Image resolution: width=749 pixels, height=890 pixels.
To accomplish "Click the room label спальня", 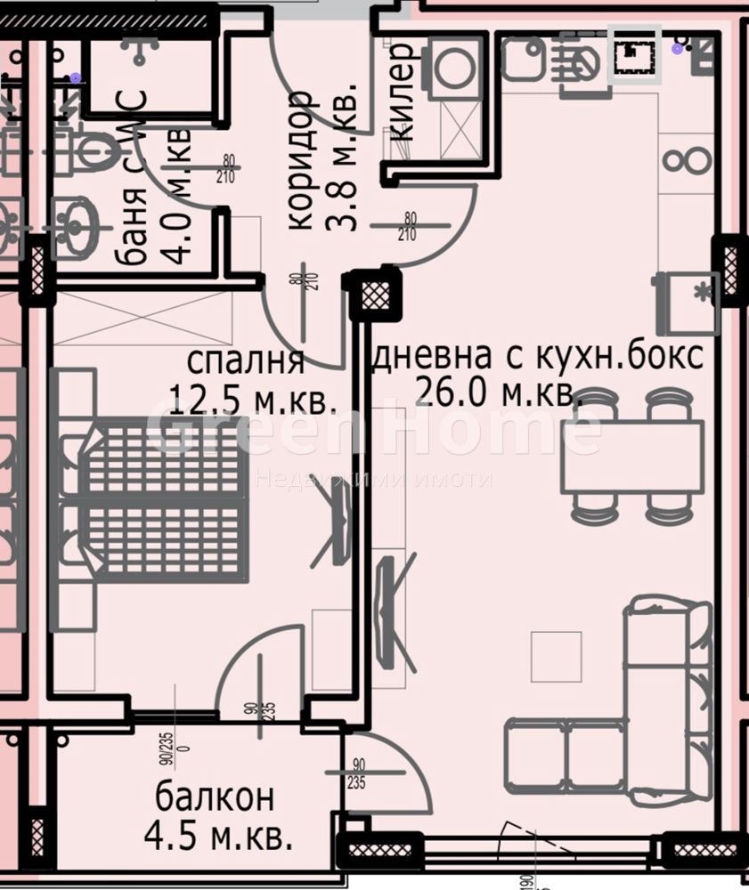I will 246,362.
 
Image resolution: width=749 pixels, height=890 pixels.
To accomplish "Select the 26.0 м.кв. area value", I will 499,392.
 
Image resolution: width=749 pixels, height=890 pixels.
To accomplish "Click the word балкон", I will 214,797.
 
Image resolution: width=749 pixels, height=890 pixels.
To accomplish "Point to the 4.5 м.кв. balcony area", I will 217,836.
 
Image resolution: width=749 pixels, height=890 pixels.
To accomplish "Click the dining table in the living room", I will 632,455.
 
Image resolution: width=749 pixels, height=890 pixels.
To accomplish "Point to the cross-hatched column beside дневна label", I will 371,295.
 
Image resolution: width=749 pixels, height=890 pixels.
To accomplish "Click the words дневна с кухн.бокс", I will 537,356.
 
